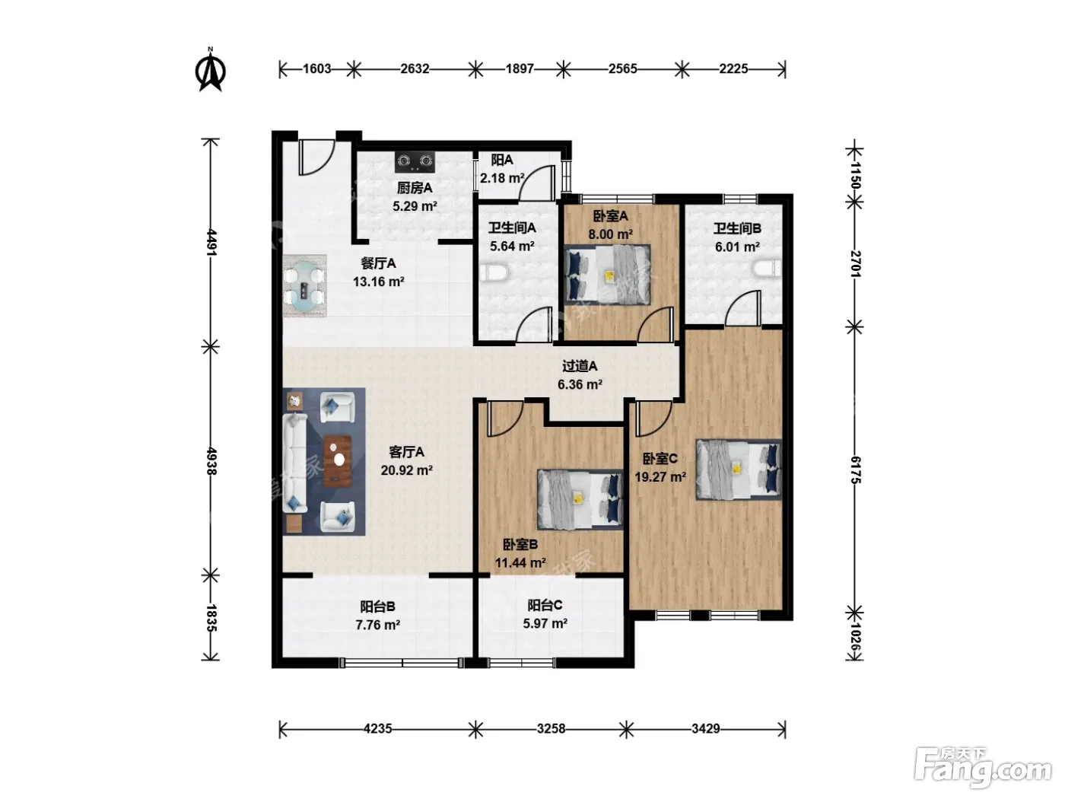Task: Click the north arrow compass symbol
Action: [211, 71]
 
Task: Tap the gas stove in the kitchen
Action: [415, 161]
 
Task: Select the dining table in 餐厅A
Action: [304, 287]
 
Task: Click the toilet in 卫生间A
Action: [494, 272]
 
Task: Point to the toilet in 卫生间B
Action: [767, 268]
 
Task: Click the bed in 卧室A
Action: [608, 275]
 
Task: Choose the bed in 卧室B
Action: [580, 498]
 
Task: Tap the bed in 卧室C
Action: [739, 469]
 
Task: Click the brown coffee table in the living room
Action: [338, 461]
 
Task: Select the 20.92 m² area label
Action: [406, 470]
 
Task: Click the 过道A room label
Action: [580, 366]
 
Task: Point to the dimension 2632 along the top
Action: [415, 69]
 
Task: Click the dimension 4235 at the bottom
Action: [377, 729]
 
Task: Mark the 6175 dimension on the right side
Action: [855, 470]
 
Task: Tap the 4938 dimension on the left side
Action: [211, 461]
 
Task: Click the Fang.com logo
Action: [983, 768]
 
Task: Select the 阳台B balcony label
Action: [377, 606]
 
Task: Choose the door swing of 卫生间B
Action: [743, 308]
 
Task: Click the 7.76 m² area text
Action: [377, 625]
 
